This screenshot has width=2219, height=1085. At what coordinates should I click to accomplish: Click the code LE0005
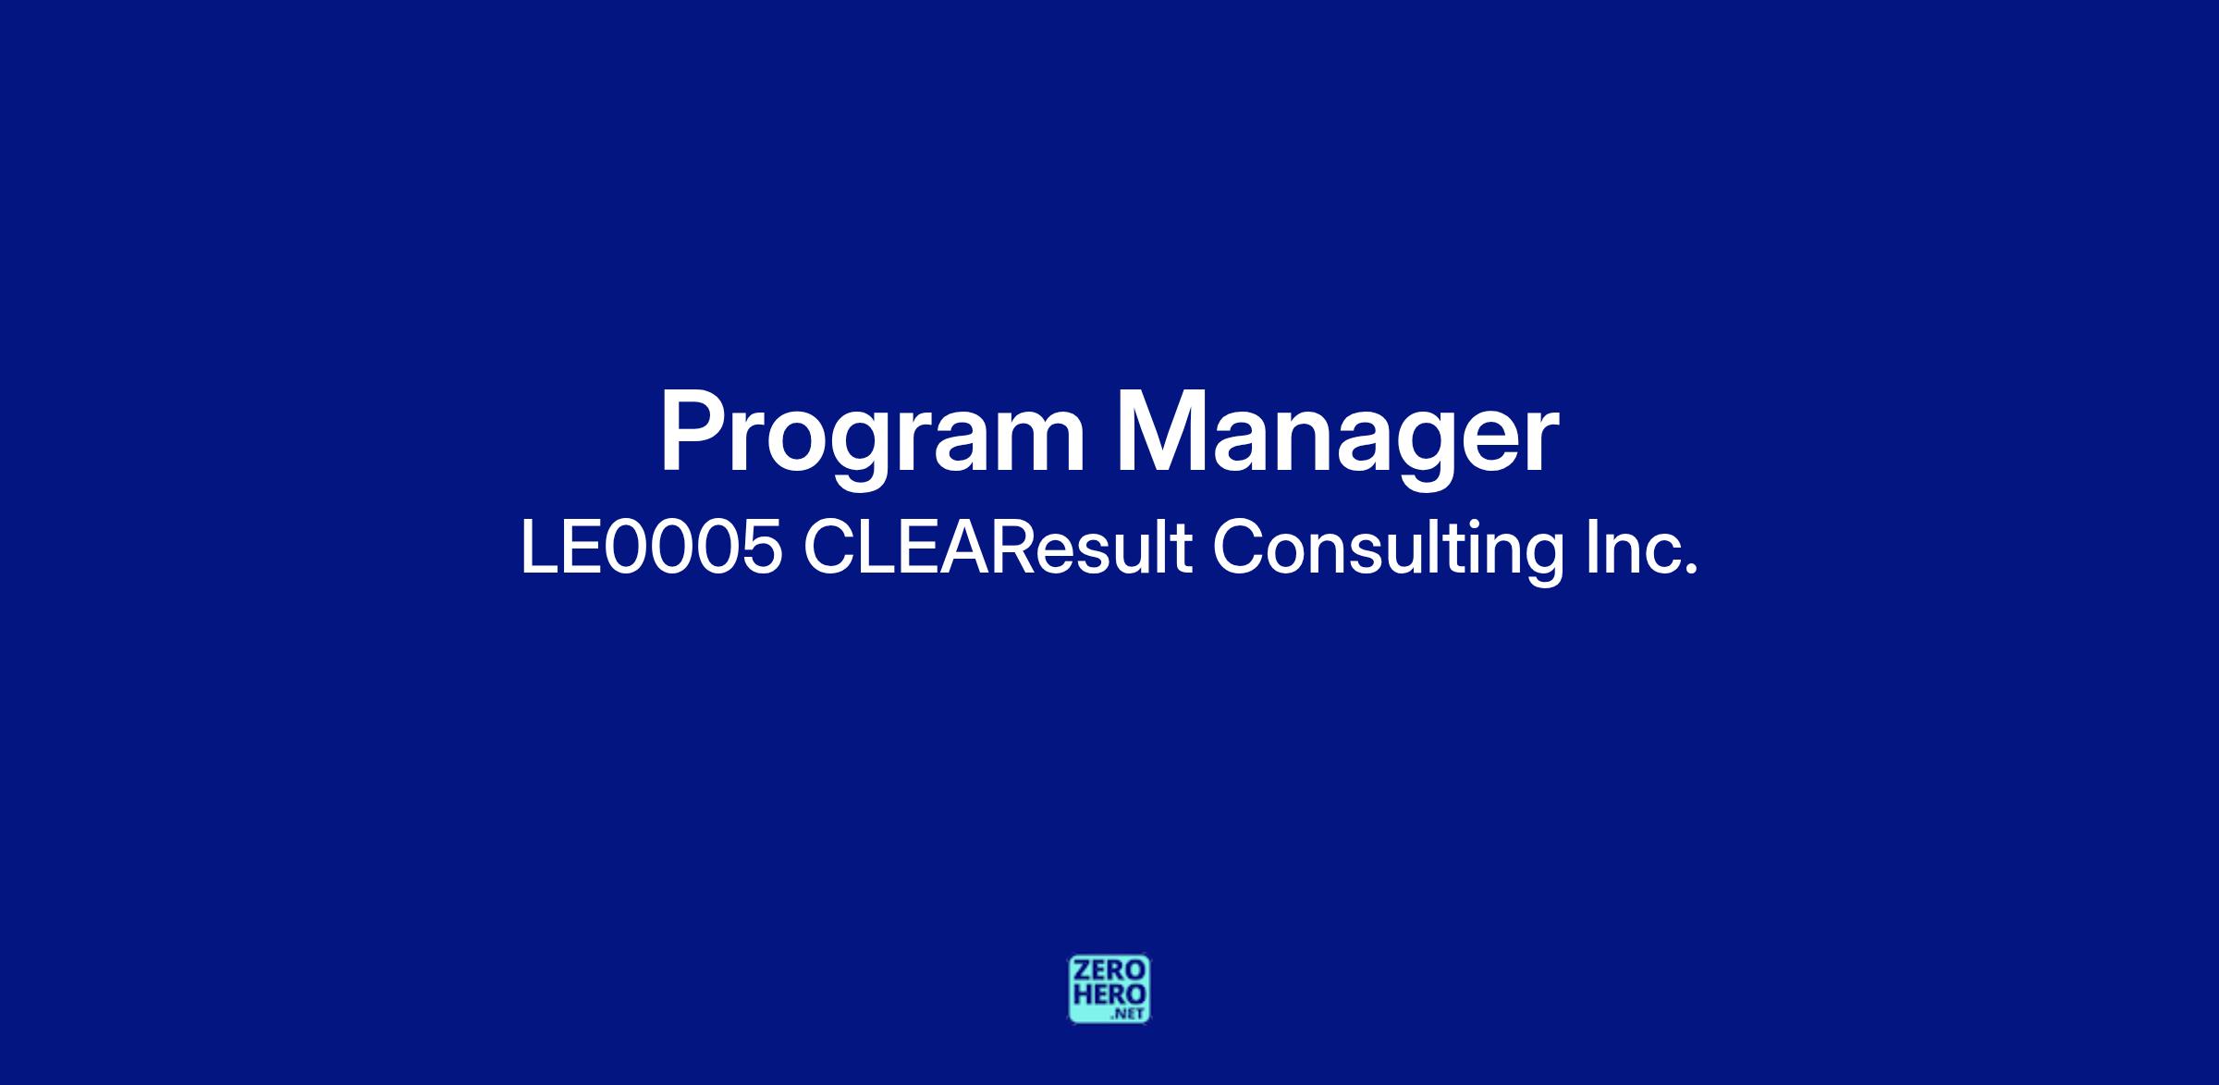(652, 548)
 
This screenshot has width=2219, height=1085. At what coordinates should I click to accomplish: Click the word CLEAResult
(998, 548)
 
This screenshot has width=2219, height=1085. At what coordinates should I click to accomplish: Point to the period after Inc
(1692, 570)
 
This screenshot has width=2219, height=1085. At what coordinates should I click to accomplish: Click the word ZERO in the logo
(1109, 970)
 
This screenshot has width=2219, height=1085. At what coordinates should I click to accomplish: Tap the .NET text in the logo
(1130, 1014)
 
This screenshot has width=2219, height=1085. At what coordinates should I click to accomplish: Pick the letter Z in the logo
(1081, 970)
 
